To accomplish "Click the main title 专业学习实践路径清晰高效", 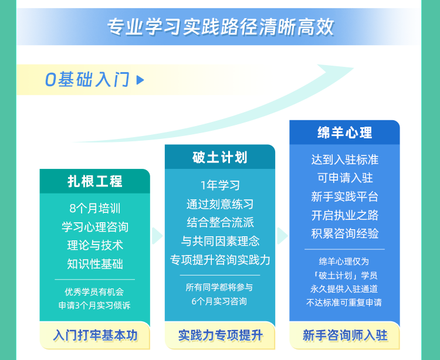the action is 221,27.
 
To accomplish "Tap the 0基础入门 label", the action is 87,79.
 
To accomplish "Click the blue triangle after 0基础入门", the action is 140,80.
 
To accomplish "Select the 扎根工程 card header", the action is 95,181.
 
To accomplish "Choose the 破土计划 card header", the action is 220,157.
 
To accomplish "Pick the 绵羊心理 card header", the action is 344,133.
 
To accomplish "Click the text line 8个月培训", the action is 95,208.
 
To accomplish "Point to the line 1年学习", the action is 220,185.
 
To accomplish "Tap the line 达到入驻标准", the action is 345,159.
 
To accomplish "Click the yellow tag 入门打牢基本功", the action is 95,335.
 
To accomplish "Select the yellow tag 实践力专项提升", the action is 220,335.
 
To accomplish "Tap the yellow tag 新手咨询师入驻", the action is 344,335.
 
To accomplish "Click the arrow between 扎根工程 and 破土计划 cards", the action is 157,236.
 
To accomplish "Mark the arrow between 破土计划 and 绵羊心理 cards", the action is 282,236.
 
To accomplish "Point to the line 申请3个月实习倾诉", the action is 94,305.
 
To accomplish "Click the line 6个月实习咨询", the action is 219,301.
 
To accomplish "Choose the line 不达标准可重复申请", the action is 344,302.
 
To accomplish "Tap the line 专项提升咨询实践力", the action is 220,260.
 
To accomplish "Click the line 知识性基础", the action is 95,264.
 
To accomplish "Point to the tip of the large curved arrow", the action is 354,67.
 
